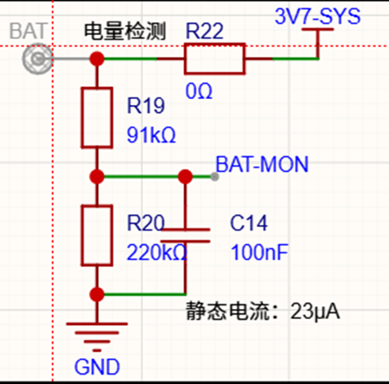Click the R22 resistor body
pos(215,44)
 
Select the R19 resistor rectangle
pos(82,118)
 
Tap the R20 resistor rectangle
pos(82,236)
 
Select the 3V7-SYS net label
pos(317,16)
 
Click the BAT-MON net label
pos(262,164)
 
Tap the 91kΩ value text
pos(151,135)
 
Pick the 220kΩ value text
pos(157,253)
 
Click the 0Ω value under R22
pos(199,91)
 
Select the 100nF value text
pos(259,253)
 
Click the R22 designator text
pos(205,31)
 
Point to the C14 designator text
pos(248,223)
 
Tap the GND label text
pos(97,367)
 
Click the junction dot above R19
pos(97,59)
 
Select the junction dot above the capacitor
pos(185,177)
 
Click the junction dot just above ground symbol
pos(97,294)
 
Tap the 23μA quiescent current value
pos(315,311)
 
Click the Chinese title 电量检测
pos(125,31)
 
